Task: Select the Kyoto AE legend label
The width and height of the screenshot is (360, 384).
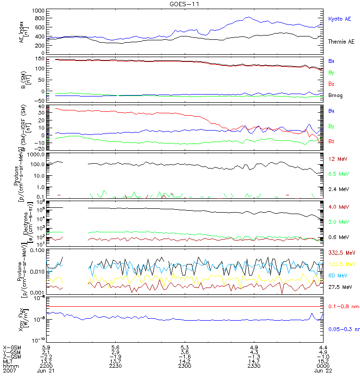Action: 339,19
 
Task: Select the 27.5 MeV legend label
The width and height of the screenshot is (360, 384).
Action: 340,287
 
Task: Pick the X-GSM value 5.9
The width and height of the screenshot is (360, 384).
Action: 47,347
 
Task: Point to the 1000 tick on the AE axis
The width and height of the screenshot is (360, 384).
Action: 38,11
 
